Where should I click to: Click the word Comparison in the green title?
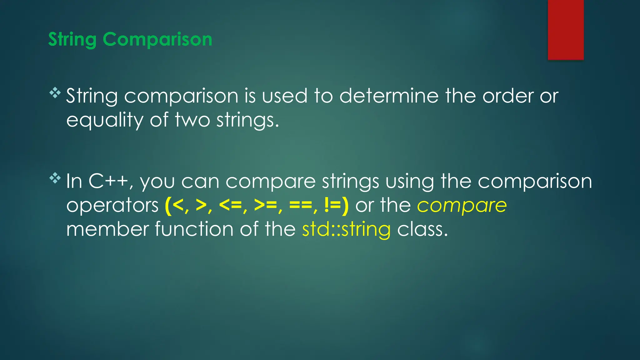[x=157, y=39]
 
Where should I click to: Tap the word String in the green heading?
[x=72, y=40]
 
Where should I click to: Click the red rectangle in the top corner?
[x=566, y=30]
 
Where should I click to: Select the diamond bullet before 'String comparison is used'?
[x=55, y=93]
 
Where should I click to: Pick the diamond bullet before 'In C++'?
[x=55, y=178]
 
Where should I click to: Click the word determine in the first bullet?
[x=389, y=96]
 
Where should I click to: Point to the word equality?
[x=104, y=120]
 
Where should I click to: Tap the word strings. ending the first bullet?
[x=247, y=120]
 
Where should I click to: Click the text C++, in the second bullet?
[x=111, y=181]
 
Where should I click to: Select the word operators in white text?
[x=112, y=206]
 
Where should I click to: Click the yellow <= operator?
[x=231, y=206]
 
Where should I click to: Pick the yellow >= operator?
[x=266, y=206]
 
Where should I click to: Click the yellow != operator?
[x=333, y=206]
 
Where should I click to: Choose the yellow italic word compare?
[x=462, y=206]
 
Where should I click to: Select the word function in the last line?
[x=194, y=229]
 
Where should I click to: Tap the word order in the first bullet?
[x=507, y=96]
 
